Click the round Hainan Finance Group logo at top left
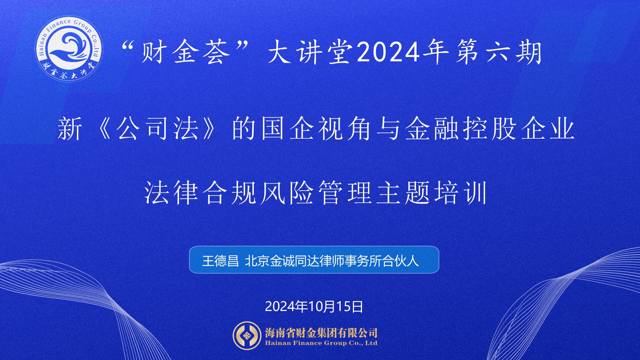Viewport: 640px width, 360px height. coord(69,49)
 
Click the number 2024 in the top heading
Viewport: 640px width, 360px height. coord(388,52)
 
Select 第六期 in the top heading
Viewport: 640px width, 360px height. coord(499,52)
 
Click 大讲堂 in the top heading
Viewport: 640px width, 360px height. coord(311,52)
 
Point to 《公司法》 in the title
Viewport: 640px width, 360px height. coord(157,129)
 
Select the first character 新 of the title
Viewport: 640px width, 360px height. coord(70,129)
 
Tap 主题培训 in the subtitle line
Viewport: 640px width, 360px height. coord(432,193)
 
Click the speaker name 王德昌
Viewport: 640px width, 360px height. coord(220,261)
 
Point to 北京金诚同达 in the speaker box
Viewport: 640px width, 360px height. coord(282,261)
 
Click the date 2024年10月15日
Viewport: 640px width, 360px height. coord(314,306)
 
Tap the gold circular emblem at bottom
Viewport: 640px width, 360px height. coord(247,336)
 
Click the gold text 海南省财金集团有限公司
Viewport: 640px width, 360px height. coord(321,332)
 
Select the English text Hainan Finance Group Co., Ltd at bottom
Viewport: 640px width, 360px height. coord(321,343)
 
